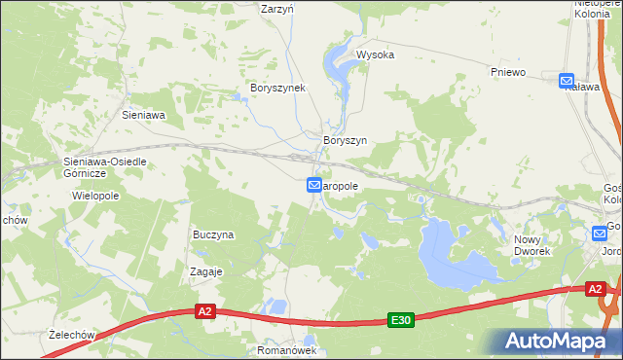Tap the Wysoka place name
pos(375,55)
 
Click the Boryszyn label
pos(345,140)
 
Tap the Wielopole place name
pos(94,196)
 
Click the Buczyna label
pos(213,235)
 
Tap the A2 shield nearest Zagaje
pos(203,311)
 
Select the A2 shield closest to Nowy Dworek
pos(596,289)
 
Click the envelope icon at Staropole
pos(314,185)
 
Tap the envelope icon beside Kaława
pos(568,81)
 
